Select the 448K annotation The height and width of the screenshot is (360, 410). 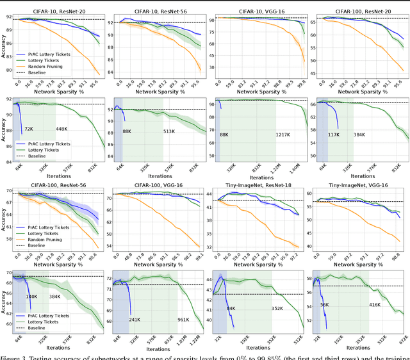(62, 129)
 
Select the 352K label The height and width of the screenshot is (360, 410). (277, 308)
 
